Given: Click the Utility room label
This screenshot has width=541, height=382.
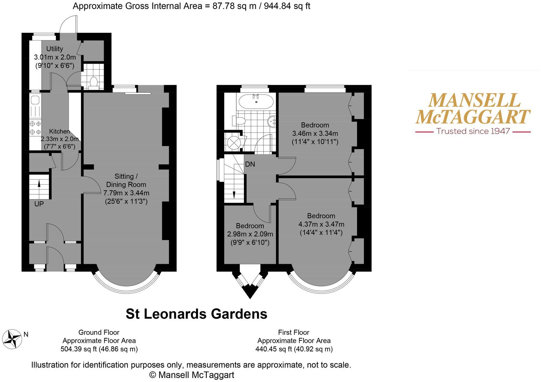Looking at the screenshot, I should pyautogui.click(x=54, y=49).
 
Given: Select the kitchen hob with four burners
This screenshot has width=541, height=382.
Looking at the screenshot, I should pyautogui.click(x=35, y=128).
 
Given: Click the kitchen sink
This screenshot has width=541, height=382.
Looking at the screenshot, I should pyautogui.click(x=34, y=100).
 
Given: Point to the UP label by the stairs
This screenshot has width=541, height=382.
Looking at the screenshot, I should pyautogui.click(x=39, y=204).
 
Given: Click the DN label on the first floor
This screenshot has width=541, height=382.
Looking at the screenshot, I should pyautogui.click(x=250, y=164).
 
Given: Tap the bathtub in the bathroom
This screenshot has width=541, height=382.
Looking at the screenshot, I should pyautogui.click(x=256, y=101).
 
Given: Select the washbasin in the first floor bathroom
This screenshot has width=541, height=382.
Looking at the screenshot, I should pyautogui.click(x=272, y=122).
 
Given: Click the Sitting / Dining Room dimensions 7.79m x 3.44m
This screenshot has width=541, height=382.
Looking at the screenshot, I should pyautogui.click(x=126, y=193).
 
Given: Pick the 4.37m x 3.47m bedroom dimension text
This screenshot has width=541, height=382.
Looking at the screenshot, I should pyautogui.click(x=321, y=224).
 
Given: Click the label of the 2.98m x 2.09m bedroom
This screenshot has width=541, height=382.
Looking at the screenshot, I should pyautogui.click(x=250, y=226).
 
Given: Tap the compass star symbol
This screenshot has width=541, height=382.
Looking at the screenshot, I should pyautogui.click(x=13, y=339).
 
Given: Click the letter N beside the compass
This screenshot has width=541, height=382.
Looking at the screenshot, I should pyautogui.click(x=26, y=335).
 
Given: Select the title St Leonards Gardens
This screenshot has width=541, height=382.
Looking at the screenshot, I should pyautogui.click(x=196, y=314).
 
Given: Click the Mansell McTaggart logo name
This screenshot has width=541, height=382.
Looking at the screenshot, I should pyautogui.click(x=473, y=109).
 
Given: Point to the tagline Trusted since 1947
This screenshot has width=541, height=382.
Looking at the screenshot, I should pyautogui.click(x=473, y=131).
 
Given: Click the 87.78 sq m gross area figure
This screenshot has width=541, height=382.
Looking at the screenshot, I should pyautogui.click(x=234, y=6).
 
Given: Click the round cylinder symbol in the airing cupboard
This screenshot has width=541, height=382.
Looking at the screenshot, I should pyautogui.click(x=234, y=143).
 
